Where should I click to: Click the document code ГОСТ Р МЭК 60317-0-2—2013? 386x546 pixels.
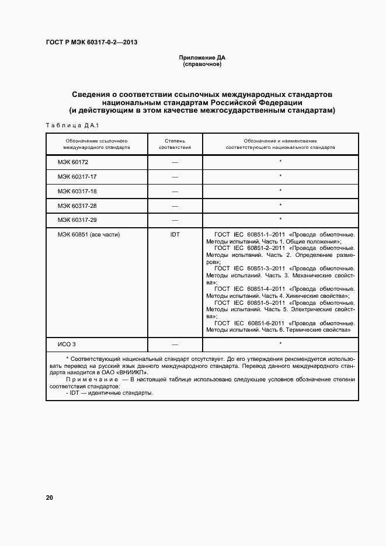91,42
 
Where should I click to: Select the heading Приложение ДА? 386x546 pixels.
202,57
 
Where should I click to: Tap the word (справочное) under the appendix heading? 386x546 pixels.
202,64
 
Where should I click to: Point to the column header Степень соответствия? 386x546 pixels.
175,144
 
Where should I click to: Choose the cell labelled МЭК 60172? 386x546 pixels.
73,162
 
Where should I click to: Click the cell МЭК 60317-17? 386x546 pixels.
77,176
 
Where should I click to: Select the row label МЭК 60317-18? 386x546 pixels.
77,191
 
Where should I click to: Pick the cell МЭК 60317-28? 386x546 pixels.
77,206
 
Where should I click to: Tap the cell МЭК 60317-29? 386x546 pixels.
77,220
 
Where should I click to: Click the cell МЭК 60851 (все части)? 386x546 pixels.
88,235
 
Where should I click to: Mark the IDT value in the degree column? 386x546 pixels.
175,235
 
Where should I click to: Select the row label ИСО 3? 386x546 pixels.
67,345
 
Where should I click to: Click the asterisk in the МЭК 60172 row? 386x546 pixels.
280,162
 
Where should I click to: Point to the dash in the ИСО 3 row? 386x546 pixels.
175,345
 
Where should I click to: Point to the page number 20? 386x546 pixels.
50,498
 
